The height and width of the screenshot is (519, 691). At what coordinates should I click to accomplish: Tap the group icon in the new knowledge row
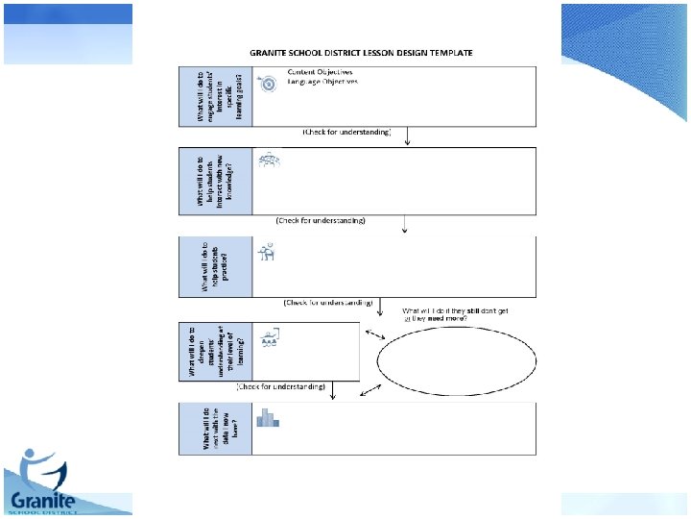(x=269, y=161)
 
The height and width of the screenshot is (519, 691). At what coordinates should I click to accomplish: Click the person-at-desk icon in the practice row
(x=268, y=253)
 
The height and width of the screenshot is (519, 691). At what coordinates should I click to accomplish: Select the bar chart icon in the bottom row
(x=267, y=417)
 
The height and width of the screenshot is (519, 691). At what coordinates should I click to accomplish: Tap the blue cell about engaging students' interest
(x=216, y=96)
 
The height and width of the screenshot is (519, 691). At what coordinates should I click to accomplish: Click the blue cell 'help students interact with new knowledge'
(x=216, y=182)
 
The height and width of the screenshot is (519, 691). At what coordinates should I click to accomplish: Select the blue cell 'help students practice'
(x=216, y=267)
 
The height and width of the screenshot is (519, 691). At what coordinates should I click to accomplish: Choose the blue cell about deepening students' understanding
(x=216, y=351)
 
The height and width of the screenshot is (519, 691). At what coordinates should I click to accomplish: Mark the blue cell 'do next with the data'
(x=216, y=428)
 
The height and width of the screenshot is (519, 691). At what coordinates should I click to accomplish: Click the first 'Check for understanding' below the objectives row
(x=346, y=131)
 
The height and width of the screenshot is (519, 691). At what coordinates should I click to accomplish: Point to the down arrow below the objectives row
(x=409, y=136)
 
